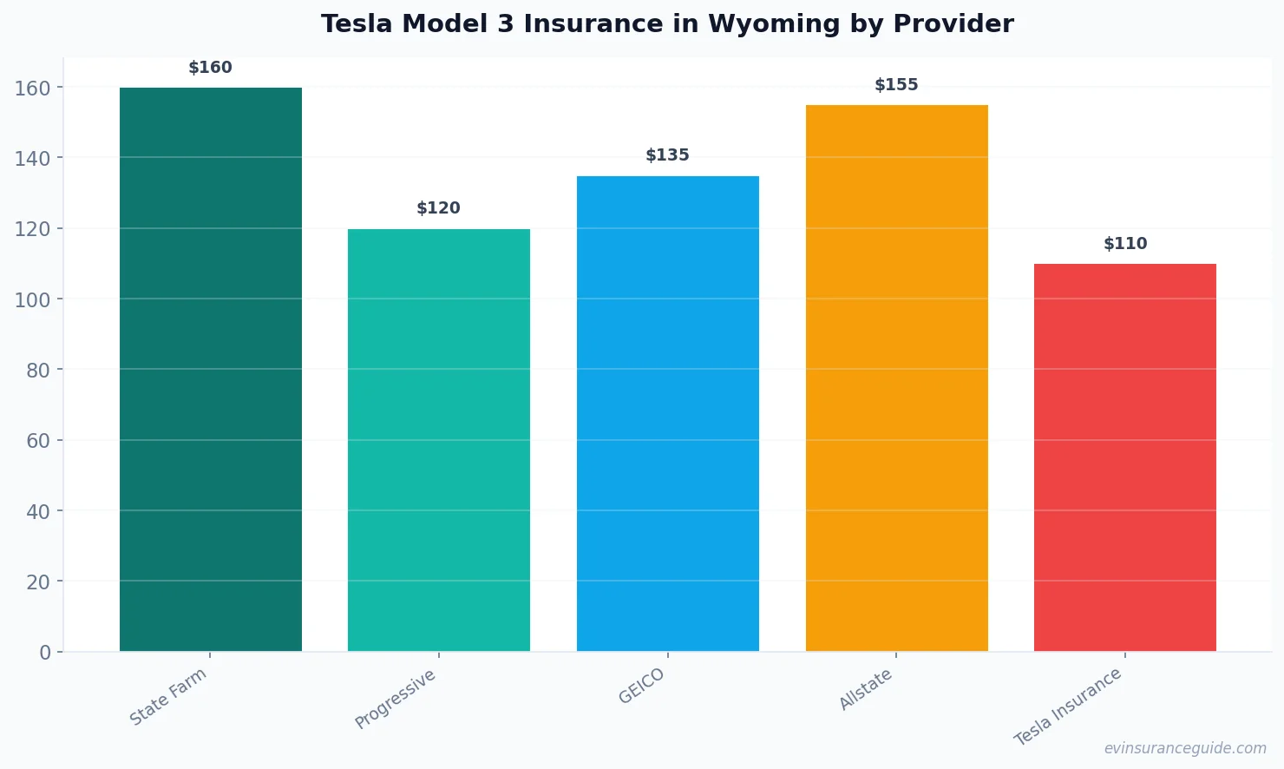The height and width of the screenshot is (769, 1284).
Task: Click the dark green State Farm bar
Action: (x=211, y=369)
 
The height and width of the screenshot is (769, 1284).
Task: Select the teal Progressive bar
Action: (x=439, y=440)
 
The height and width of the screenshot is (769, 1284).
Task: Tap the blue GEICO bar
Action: (x=668, y=413)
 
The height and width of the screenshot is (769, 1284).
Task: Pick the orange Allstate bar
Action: (x=896, y=378)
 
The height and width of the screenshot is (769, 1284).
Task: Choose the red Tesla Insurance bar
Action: (x=1125, y=457)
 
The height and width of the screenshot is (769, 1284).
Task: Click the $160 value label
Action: (x=211, y=68)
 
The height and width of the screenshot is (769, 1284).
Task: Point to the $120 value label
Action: (x=439, y=208)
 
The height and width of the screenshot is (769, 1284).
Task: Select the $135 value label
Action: (x=668, y=155)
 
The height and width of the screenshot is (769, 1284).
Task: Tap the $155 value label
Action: (x=896, y=85)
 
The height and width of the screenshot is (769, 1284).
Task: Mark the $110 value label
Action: (x=1125, y=244)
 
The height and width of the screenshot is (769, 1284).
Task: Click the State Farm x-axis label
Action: (x=168, y=696)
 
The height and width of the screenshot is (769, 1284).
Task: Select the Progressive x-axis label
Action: (x=396, y=699)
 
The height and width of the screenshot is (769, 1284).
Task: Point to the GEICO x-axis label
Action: (x=642, y=686)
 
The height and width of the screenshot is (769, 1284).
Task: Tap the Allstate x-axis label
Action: (x=866, y=689)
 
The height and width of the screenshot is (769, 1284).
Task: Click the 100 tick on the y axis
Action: (x=32, y=299)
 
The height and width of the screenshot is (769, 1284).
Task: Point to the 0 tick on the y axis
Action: (x=45, y=653)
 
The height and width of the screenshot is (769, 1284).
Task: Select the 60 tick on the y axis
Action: (x=38, y=441)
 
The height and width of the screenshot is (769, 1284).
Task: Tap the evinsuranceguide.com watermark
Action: (x=1185, y=748)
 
